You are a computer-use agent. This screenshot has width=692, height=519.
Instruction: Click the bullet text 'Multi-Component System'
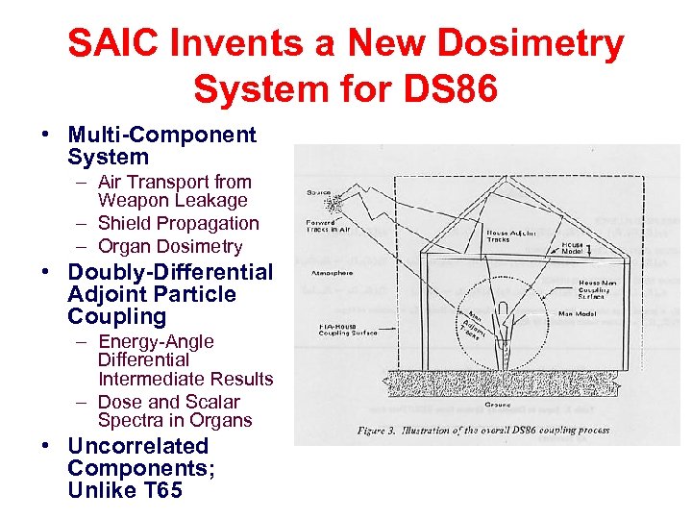point(161,146)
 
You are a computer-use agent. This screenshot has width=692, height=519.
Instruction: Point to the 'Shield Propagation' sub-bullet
point(178,223)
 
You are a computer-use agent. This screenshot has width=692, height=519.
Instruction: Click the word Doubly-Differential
point(170,272)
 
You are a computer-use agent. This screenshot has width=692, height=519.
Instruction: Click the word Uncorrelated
point(137,446)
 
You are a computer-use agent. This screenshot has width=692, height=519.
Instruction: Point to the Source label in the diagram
point(318,193)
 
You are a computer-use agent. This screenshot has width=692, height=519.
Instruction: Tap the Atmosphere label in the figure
point(329,273)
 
